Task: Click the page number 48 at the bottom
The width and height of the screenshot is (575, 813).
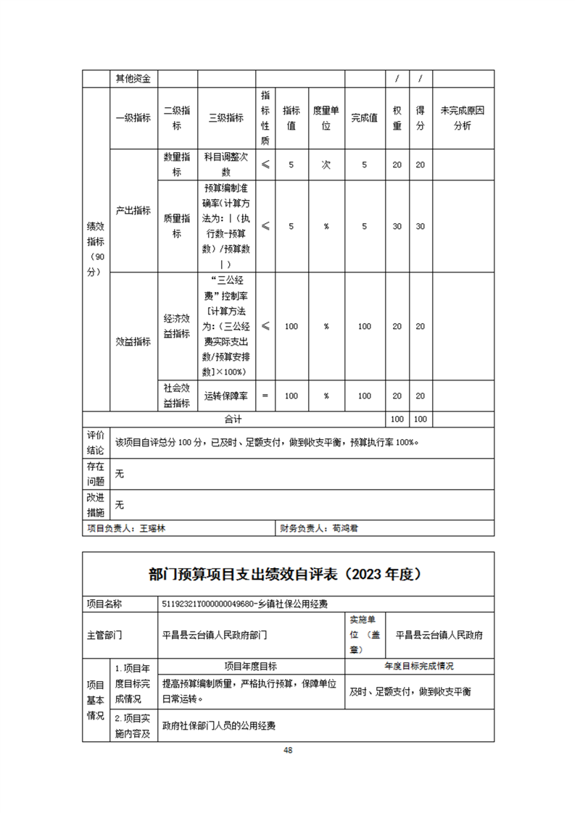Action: pos(288,750)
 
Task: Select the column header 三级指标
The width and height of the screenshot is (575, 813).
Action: pos(226,118)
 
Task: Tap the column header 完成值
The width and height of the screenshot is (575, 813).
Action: pos(364,118)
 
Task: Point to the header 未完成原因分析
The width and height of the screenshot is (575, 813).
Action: pos(463,118)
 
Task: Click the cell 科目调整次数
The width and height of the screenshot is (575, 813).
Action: pos(226,164)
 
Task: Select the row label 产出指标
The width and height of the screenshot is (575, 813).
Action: pos(133,210)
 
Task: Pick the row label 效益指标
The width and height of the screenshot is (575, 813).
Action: pos(133,342)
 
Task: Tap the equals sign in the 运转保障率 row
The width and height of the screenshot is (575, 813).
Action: pos(265,396)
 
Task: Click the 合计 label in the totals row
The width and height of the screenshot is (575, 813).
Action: pos(233,419)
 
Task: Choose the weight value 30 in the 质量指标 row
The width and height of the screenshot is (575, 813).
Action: pos(397,226)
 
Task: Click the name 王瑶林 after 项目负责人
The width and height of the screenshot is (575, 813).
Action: pos(152,528)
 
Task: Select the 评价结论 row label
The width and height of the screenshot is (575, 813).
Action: pos(96,442)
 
